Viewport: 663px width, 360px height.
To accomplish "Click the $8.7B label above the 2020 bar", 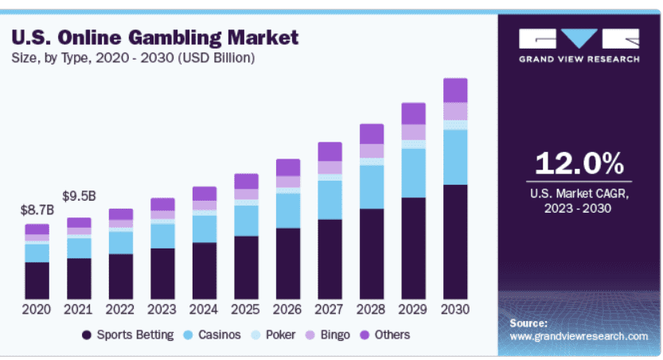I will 37,210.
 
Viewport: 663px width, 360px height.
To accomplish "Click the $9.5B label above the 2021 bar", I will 79,196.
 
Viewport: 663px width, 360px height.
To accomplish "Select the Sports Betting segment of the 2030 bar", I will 455,241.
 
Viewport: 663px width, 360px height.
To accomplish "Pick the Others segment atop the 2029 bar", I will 413,113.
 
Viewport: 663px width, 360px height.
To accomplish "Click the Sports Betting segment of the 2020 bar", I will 37,280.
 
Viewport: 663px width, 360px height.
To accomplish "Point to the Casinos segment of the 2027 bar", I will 330,199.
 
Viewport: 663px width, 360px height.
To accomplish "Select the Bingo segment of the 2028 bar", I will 372,151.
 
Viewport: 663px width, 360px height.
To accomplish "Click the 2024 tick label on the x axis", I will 205,309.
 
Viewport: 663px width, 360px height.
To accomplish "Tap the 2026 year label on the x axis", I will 288,309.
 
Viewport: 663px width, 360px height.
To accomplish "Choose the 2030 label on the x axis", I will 455,309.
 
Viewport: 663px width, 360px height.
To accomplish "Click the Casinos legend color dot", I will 189,335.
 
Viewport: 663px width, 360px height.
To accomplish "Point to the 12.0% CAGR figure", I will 579,164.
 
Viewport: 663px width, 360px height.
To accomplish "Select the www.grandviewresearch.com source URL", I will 579,337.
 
